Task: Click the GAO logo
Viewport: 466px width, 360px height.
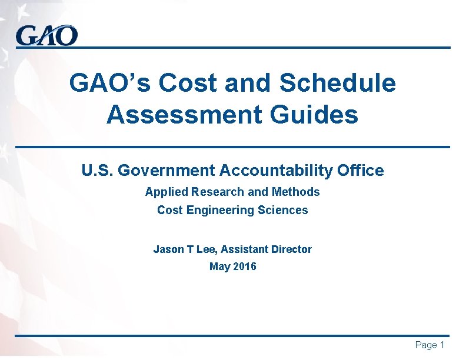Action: click(46, 36)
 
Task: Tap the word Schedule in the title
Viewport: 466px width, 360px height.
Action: click(338, 84)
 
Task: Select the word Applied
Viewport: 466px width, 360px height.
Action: click(164, 192)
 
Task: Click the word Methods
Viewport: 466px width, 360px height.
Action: click(296, 192)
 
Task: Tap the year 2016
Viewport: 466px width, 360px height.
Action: click(245, 267)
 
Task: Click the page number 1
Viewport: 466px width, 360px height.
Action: click(441, 345)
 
